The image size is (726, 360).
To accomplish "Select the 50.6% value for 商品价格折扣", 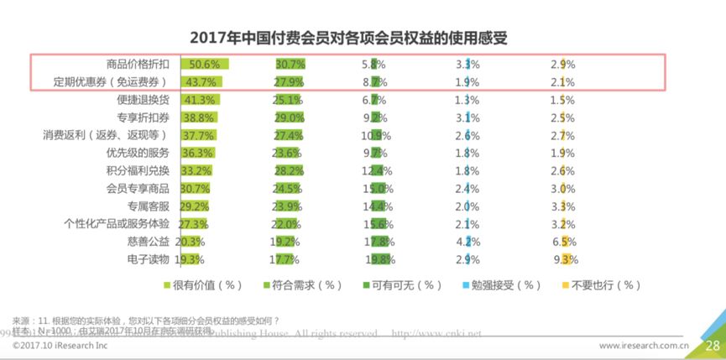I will [205, 64].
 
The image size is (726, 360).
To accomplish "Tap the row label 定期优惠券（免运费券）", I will [111, 81].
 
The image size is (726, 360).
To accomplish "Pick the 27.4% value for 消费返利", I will [290, 134].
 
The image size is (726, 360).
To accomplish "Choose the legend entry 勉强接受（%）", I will [498, 285].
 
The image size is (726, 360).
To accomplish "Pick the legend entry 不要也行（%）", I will [596, 285].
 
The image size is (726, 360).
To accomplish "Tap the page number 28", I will [712, 345].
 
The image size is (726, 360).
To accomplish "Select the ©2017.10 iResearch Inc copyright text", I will [60, 345].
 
